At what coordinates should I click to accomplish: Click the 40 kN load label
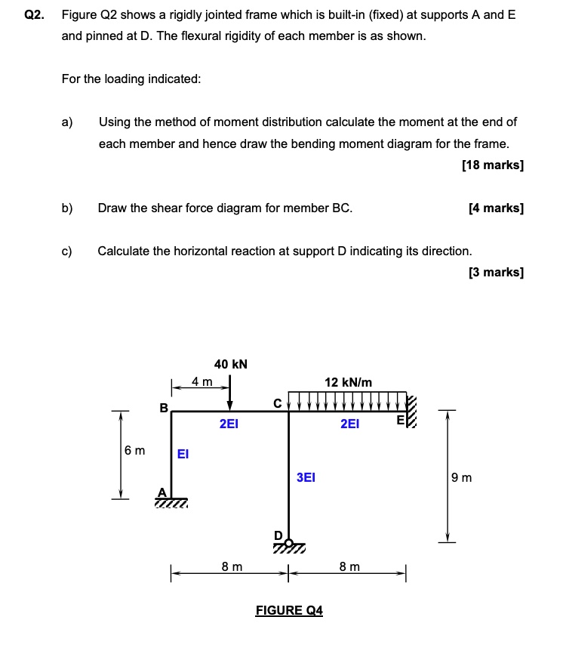point(230,365)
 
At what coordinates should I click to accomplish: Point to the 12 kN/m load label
point(348,383)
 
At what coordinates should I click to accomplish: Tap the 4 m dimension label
point(202,381)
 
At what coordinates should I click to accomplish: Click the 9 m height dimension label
point(461,477)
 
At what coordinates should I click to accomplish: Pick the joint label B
point(163,408)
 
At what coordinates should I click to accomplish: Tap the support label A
point(161,492)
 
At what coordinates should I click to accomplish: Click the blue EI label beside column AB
point(183,454)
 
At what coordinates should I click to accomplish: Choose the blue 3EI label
point(306,477)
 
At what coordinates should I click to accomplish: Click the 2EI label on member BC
point(229,424)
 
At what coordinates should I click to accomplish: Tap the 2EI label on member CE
point(349,424)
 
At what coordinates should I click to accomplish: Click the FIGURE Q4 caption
point(289,610)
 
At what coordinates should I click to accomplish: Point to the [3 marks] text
point(495,272)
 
